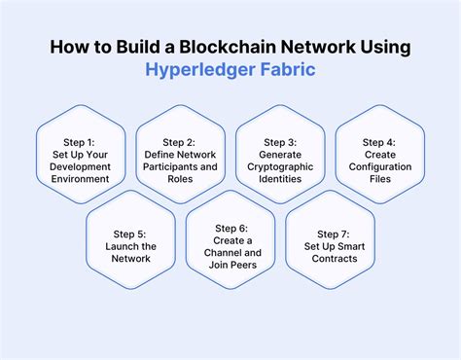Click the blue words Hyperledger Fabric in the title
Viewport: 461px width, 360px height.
230,69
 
